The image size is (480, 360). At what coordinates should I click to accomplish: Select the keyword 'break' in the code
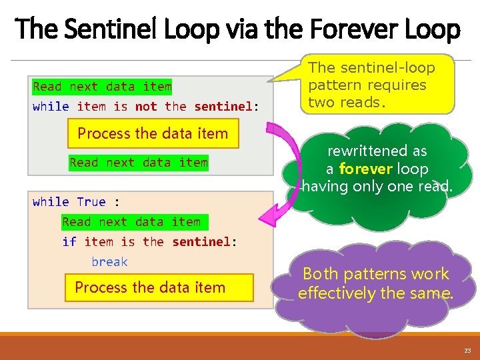coord(109,262)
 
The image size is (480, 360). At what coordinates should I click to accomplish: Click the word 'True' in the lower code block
coord(91,201)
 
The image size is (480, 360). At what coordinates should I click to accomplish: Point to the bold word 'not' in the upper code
coord(146,107)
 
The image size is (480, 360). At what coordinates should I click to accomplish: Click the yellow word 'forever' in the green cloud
coord(365,169)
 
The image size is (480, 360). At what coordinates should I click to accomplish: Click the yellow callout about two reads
coord(380,85)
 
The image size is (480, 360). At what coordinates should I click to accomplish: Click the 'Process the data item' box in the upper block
coord(153,133)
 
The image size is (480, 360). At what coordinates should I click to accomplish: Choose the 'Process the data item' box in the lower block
coord(151,288)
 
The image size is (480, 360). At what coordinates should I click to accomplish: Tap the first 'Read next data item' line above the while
coord(102,87)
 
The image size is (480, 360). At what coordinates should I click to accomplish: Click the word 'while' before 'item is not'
coord(51,107)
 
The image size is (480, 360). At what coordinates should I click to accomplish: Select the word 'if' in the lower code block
coord(69,241)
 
